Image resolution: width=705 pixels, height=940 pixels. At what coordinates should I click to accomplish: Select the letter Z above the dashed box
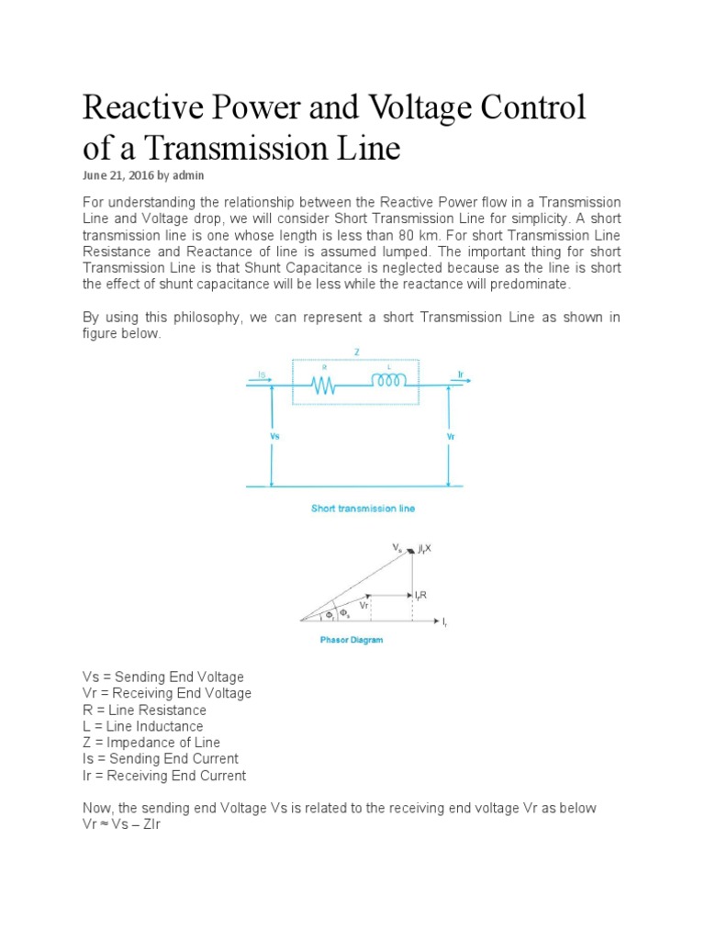pos(356,351)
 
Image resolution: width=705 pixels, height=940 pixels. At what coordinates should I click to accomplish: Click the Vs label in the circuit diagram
pos(274,436)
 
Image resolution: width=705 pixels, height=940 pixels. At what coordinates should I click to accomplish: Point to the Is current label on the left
pos(263,375)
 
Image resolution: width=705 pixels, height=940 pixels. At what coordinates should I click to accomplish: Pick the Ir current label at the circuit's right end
pos(460,375)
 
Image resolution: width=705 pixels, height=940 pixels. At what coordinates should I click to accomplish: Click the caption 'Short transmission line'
pos(363,509)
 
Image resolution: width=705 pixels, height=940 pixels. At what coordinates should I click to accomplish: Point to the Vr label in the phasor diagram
pos(365,606)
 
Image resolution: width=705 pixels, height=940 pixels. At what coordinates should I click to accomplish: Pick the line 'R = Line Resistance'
pos(144,710)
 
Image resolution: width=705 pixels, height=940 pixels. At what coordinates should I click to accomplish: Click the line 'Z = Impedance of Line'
pos(151,743)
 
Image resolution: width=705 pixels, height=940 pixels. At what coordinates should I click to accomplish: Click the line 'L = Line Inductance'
pos(143,726)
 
